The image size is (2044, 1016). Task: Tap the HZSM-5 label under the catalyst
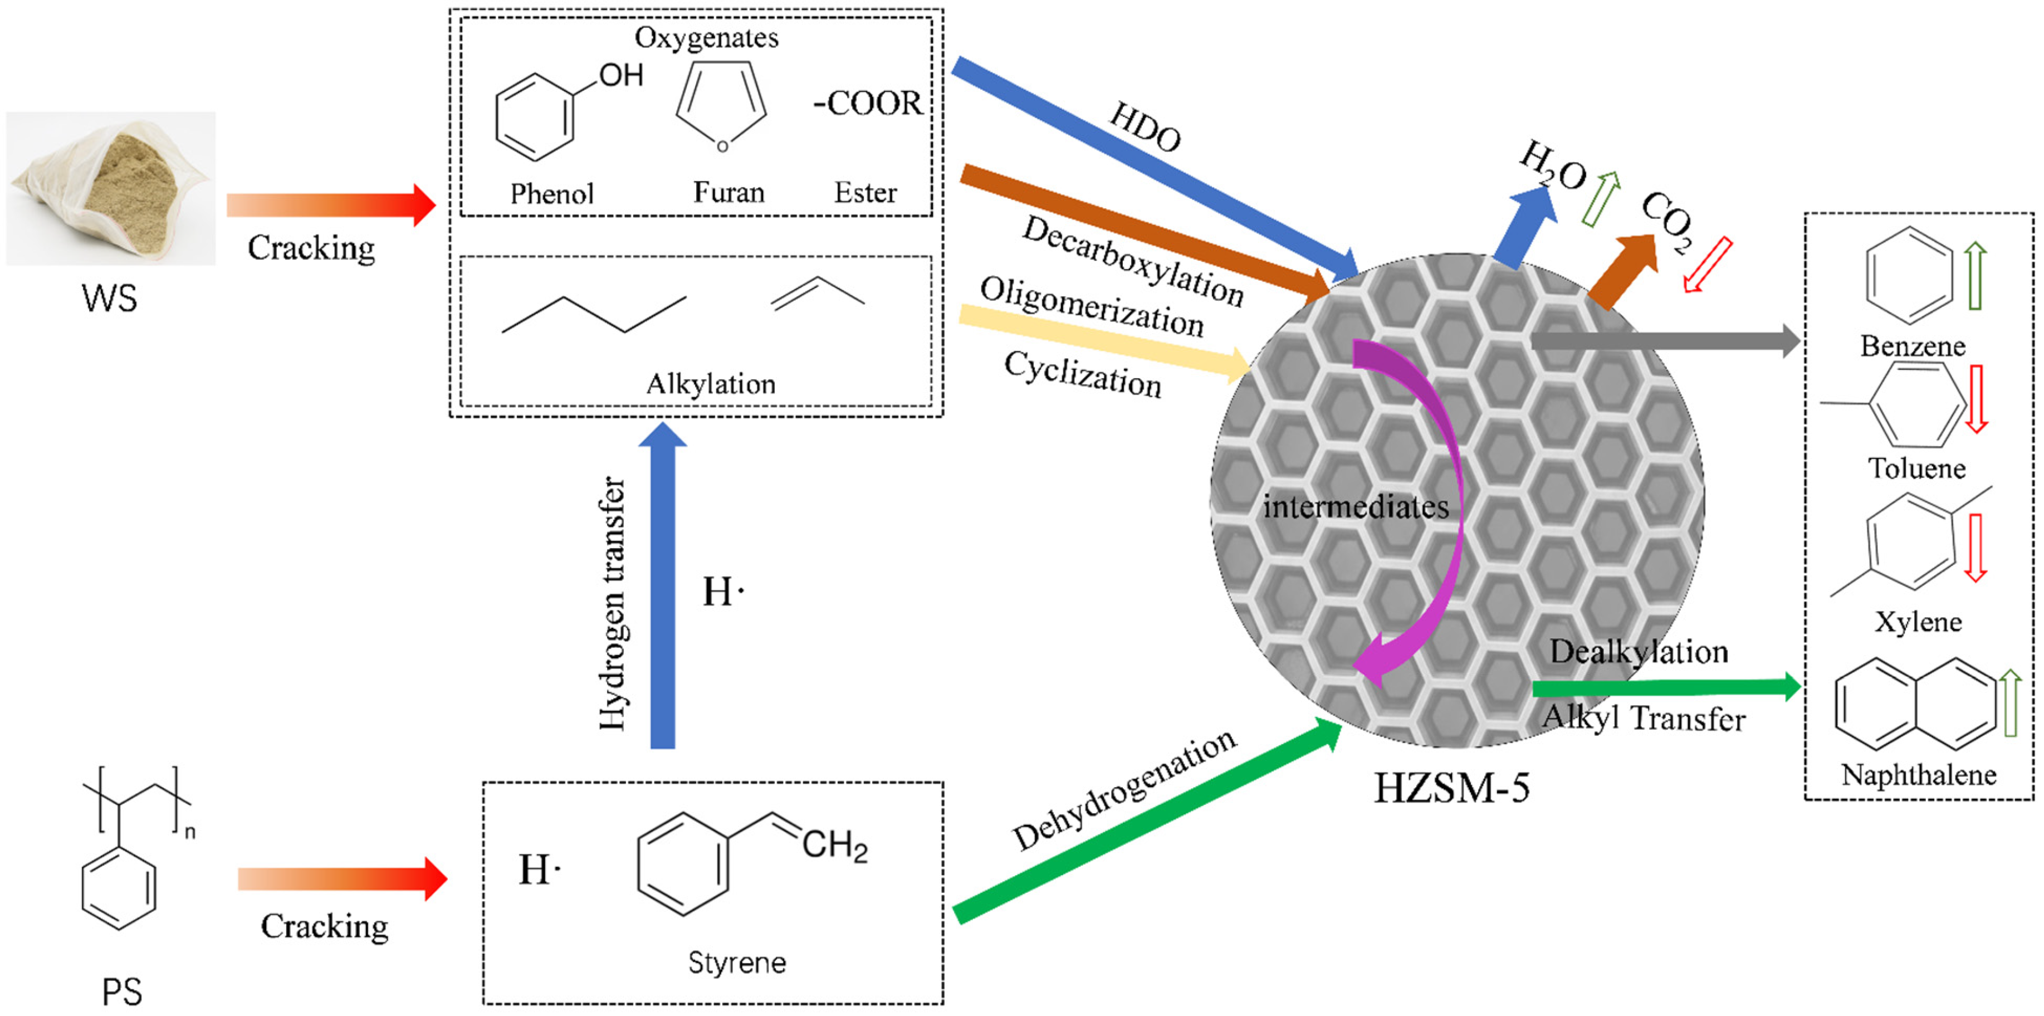(x=1451, y=789)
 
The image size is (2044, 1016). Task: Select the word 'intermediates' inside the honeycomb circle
(x=1355, y=506)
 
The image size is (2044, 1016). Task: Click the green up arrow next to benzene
(x=1975, y=276)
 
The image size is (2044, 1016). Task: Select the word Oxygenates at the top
(x=706, y=37)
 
